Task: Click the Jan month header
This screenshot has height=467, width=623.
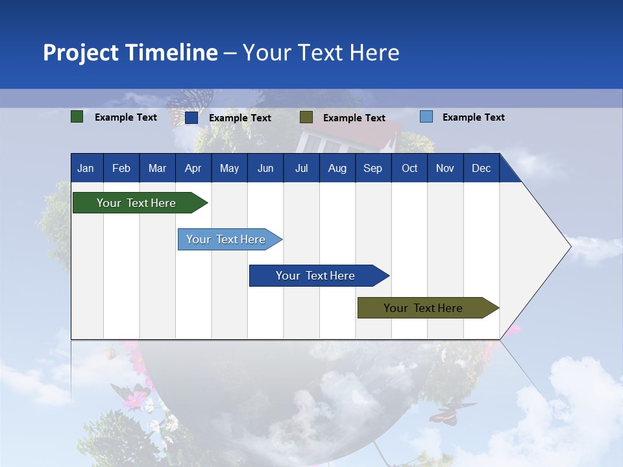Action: [x=86, y=168]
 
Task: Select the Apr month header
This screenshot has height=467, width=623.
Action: [x=193, y=168]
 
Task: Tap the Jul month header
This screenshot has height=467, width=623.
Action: [x=301, y=168]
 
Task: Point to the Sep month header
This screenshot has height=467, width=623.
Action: [x=373, y=168]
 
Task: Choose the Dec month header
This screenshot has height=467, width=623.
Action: [x=481, y=168]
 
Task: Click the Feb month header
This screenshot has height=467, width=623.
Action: [x=121, y=168]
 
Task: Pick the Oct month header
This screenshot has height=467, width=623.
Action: [x=409, y=168]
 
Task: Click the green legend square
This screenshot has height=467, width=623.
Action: [x=77, y=117]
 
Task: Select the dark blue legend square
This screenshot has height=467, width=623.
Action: [x=191, y=117]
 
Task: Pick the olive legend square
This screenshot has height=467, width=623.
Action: [x=306, y=117]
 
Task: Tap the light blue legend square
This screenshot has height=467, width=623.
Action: [x=426, y=117]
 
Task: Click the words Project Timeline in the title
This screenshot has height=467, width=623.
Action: [x=130, y=53]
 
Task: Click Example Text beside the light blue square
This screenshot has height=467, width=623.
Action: [x=473, y=117]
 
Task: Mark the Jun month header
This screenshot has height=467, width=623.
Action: [x=265, y=168]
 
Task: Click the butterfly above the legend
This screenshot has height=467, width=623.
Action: [x=188, y=101]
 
